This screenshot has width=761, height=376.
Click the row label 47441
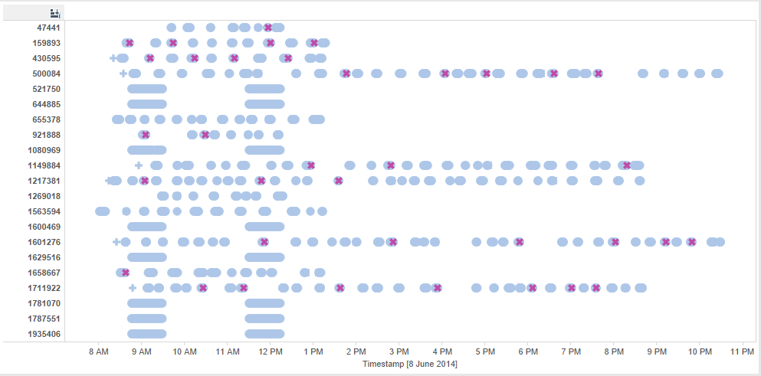(x=49, y=28)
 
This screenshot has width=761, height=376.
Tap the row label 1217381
(x=44, y=181)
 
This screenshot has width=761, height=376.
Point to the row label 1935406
(x=44, y=334)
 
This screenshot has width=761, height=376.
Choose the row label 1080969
(x=44, y=150)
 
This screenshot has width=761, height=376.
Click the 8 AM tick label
(x=98, y=351)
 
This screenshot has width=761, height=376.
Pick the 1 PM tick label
(x=313, y=351)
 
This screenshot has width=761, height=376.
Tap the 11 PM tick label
(x=742, y=351)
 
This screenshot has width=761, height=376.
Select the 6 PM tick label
(x=527, y=351)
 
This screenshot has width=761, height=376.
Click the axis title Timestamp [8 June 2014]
(x=410, y=364)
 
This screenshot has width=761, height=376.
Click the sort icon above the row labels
(x=54, y=13)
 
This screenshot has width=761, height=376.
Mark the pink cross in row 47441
(x=268, y=28)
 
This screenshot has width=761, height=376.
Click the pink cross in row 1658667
(x=126, y=273)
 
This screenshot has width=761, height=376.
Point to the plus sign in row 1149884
(x=139, y=165)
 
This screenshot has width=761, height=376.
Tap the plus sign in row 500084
(x=123, y=74)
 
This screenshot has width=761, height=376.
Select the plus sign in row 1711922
(x=133, y=288)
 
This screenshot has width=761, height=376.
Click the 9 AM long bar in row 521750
(x=147, y=89)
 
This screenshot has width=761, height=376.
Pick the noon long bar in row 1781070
(x=265, y=303)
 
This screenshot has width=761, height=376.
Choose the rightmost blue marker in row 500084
(x=717, y=74)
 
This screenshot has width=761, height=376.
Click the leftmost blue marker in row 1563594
(x=102, y=211)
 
